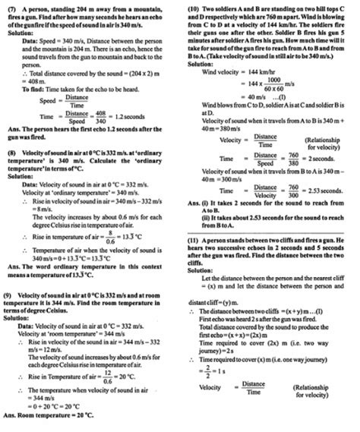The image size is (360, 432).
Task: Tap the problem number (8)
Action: tap(10, 153)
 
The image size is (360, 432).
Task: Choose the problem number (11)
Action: tap(193, 239)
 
